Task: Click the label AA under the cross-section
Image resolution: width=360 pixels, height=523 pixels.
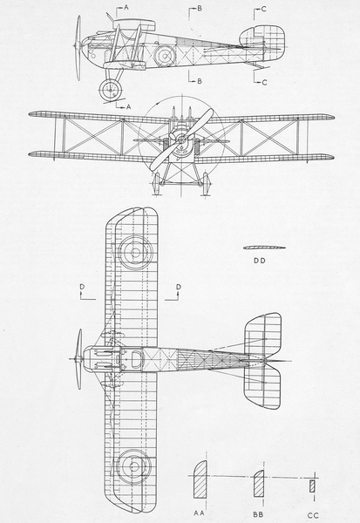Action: (x=199, y=513)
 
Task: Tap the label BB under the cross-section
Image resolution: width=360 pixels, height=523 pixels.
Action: (x=259, y=514)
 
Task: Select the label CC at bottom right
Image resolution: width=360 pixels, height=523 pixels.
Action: (x=313, y=516)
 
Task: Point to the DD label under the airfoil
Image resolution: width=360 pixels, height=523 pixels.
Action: (x=260, y=261)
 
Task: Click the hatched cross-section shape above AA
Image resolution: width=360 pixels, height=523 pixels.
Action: (x=200, y=479)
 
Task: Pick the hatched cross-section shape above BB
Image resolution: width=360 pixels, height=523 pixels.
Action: (x=259, y=484)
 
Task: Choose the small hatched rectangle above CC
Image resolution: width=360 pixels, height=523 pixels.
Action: (x=312, y=486)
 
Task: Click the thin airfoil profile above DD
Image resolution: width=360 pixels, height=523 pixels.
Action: (x=264, y=248)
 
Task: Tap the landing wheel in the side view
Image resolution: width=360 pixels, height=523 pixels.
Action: (x=110, y=90)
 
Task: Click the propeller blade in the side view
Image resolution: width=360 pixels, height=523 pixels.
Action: (x=78, y=48)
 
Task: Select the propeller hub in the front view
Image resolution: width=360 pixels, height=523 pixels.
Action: (x=181, y=138)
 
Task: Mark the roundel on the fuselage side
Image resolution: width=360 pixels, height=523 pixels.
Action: (x=165, y=56)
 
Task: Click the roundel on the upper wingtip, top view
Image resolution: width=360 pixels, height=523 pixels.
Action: (x=135, y=253)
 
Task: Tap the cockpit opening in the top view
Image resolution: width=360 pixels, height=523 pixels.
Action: (x=137, y=359)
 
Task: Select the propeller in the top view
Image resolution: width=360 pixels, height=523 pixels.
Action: (x=79, y=359)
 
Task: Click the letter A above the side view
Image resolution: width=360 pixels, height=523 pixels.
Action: (x=126, y=7)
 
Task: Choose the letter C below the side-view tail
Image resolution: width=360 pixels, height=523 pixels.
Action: (x=264, y=83)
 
